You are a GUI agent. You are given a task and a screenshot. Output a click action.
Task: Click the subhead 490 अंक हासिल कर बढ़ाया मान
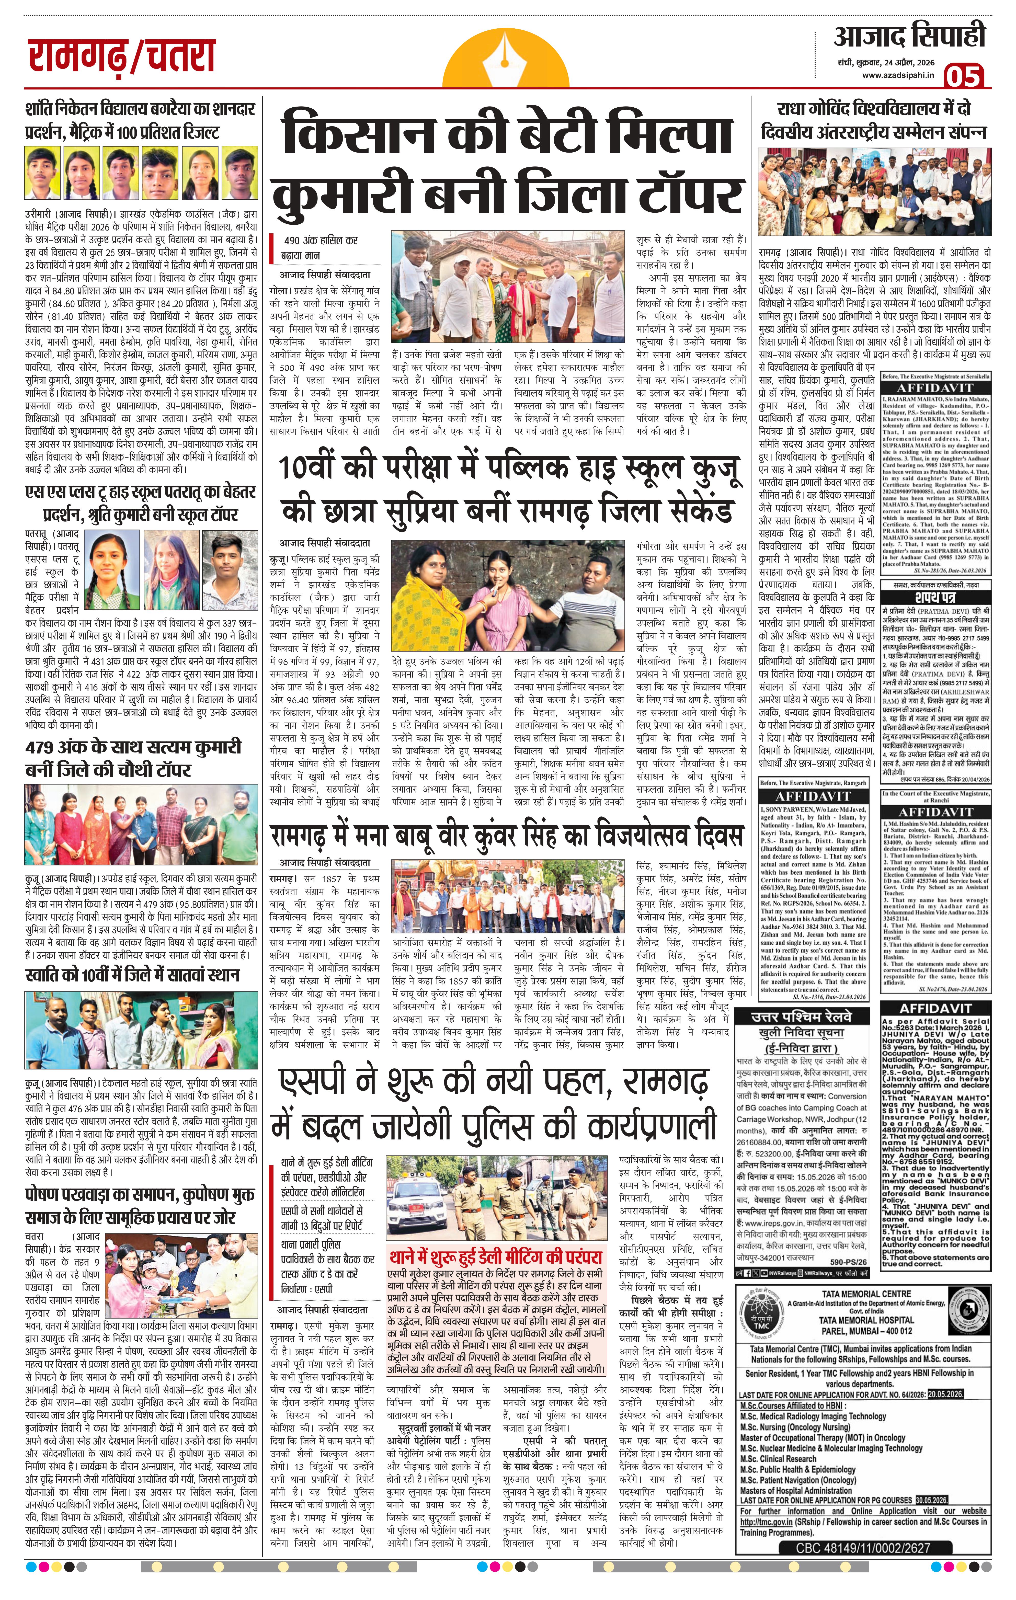(312, 247)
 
